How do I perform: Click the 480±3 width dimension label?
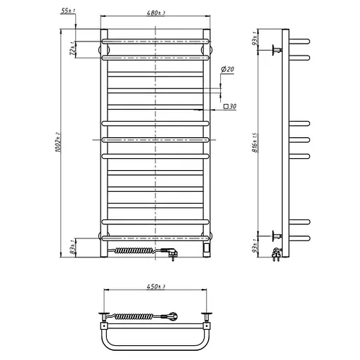click(155, 13)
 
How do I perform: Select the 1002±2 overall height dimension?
click(58, 142)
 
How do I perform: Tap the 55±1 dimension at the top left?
click(68, 11)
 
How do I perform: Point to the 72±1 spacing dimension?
click(73, 49)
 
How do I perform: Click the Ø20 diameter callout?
click(227, 70)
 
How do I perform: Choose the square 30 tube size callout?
click(230, 107)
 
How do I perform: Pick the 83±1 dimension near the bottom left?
click(73, 247)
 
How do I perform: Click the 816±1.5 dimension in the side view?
click(255, 143)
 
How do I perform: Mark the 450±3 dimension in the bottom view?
click(156, 287)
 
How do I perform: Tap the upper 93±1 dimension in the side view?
click(255, 38)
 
